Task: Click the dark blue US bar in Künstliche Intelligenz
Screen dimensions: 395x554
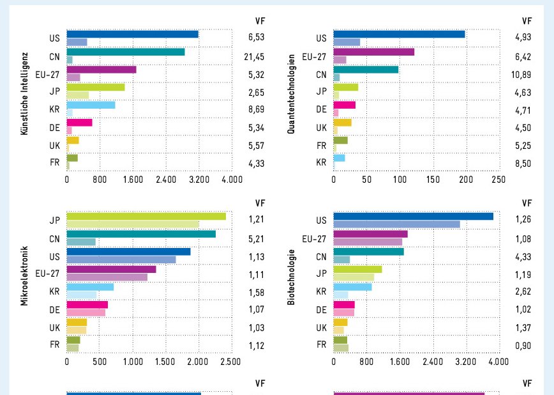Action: tap(132, 34)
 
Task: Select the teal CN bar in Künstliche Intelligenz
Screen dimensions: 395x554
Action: tap(126, 52)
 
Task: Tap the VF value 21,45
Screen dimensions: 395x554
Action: tap(256, 56)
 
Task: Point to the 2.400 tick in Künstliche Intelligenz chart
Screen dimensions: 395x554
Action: tap(166, 180)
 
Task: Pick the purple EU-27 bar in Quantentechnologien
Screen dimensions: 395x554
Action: tap(373, 52)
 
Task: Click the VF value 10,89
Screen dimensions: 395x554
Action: tap(523, 74)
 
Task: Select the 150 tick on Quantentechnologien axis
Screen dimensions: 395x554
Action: tap(433, 180)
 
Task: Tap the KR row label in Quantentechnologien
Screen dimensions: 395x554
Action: tap(321, 163)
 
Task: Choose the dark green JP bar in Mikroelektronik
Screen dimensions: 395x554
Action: tap(146, 216)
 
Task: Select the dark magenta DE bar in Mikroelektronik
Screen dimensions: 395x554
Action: tap(87, 304)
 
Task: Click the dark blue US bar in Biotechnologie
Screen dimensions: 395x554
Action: tap(413, 216)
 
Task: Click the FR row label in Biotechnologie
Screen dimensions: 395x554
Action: tap(321, 345)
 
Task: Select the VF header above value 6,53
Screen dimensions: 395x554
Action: tap(259, 21)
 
